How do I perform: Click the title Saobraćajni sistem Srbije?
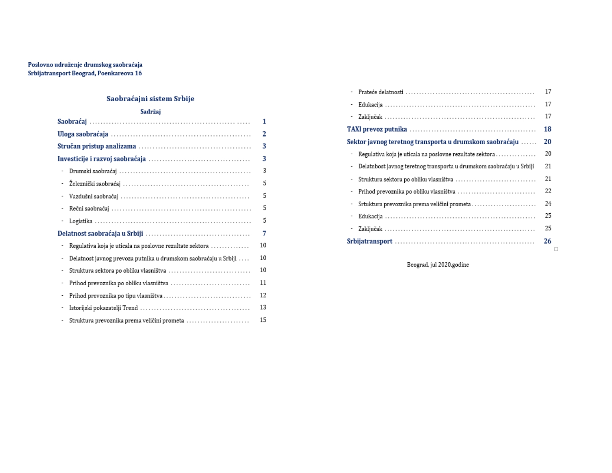150,99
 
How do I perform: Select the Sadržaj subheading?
150,112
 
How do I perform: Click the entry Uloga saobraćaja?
83,134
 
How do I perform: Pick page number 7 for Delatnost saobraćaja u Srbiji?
264,233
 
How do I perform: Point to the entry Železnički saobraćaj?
95,184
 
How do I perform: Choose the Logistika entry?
80,221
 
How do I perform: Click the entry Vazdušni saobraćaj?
93,196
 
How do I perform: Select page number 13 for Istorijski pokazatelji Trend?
263,308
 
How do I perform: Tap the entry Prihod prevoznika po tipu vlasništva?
116,296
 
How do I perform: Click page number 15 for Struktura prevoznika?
263,320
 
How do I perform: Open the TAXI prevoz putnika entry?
377,129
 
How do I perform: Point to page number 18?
547,129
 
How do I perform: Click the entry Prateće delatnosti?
381,92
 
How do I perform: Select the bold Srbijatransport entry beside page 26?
369,241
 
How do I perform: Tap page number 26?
547,241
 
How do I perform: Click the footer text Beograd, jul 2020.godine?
438,265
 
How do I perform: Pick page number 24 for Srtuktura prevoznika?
548,204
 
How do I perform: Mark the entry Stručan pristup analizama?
96,146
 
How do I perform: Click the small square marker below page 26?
556,249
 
